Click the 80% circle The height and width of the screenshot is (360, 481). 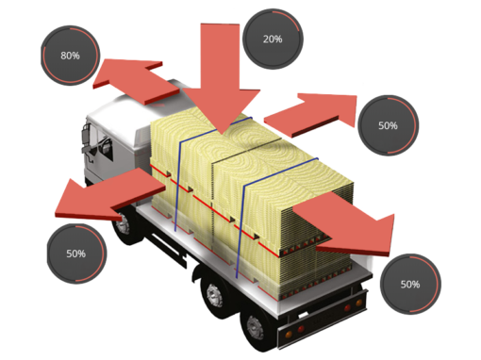pyautogui.click(x=70, y=57)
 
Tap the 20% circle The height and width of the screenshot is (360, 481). pyautogui.click(x=272, y=40)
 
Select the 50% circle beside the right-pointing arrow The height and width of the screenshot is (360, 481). pyautogui.click(x=387, y=124)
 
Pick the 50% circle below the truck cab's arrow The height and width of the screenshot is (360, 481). pyautogui.click(x=75, y=254)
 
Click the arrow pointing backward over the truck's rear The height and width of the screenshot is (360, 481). pyautogui.click(x=358, y=226)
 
